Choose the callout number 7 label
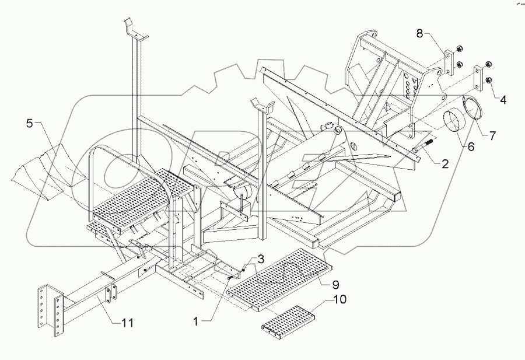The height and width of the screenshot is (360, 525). (x=492, y=137)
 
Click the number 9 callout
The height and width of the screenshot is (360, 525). (x=335, y=285)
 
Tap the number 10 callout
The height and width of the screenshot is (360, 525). (x=339, y=300)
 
